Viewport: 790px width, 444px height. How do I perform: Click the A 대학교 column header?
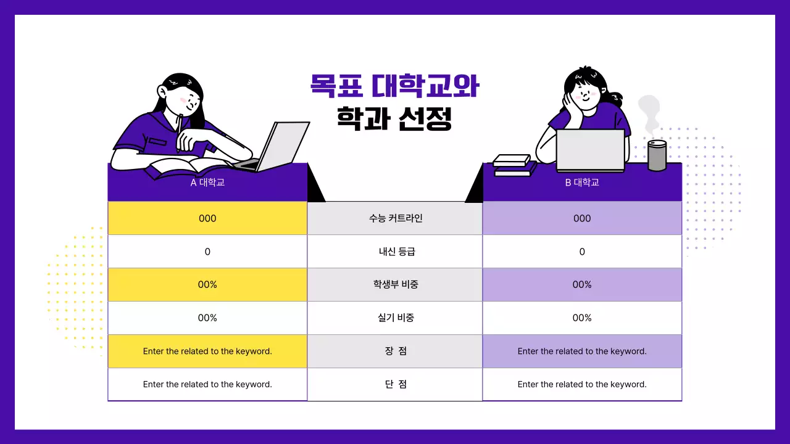tap(207, 183)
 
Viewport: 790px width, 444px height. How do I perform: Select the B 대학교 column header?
tap(582, 183)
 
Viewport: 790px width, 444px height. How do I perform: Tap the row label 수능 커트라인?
tap(395, 218)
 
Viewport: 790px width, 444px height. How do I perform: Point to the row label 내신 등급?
tap(395, 252)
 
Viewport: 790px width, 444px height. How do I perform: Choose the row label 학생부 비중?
tap(395, 285)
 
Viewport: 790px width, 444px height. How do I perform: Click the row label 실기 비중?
tap(395, 318)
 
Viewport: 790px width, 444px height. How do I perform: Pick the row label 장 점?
tap(395, 351)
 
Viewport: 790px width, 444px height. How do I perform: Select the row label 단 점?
tap(395, 384)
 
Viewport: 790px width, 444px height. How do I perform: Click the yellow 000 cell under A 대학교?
tap(207, 218)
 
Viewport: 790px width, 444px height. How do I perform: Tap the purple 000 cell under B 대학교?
tap(582, 218)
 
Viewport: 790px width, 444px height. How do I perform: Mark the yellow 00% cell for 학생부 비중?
tap(207, 285)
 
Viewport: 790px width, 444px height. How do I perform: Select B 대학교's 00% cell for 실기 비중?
tap(582, 318)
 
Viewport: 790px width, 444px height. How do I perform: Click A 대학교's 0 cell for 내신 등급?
tap(207, 252)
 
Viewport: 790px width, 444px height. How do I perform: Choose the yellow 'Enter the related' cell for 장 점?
tap(207, 351)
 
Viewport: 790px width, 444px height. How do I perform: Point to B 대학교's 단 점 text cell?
tap(582, 384)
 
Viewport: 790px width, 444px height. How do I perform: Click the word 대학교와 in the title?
tap(426, 87)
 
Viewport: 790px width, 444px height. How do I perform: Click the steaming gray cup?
tap(657, 155)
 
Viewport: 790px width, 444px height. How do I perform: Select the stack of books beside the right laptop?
tap(512, 165)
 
